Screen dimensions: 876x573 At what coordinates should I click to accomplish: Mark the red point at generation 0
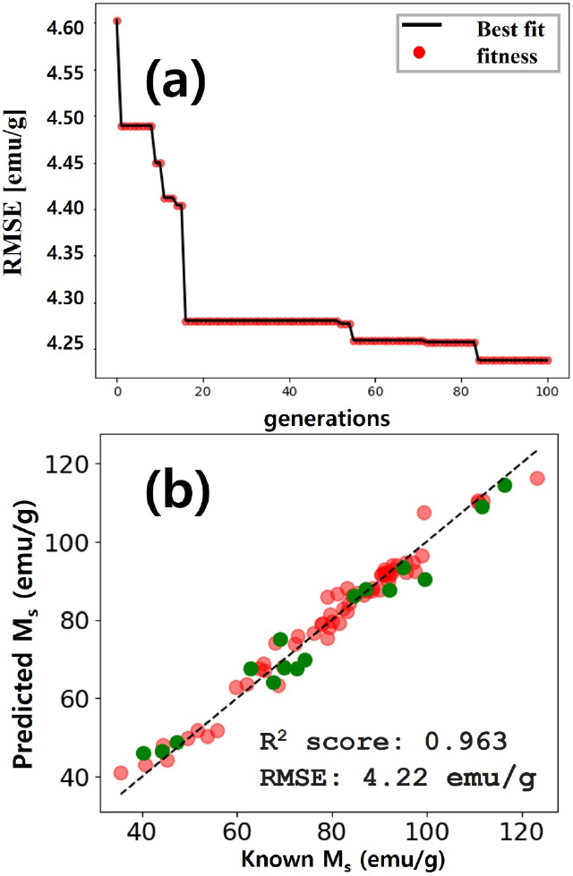117,21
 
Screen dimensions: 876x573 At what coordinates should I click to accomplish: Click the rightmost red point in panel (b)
537,479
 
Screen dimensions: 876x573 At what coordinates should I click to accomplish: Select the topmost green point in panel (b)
505,485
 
